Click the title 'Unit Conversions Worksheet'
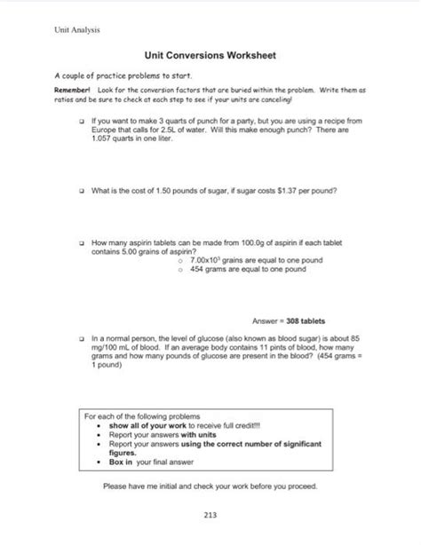[210, 56]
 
